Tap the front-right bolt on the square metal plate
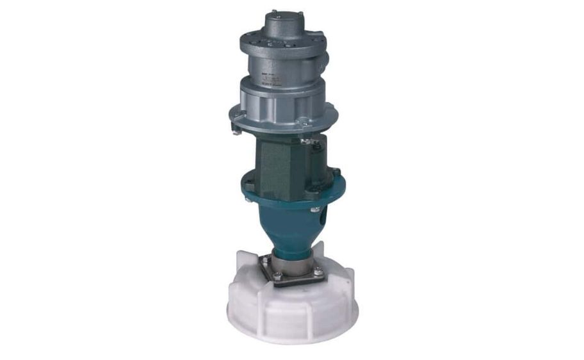pyautogui.click(x=318, y=272)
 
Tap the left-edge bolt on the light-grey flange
pyautogui.click(x=235, y=115)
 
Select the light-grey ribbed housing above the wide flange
pyautogui.click(x=282, y=96)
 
